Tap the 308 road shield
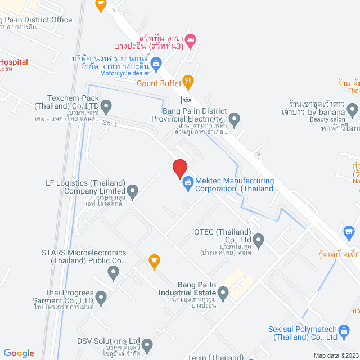(x=185, y=100)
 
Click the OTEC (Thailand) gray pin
(x=259, y=241)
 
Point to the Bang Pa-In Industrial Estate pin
(x=223, y=292)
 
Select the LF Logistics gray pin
(x=132, y=192)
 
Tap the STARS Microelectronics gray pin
(x=113, y=273)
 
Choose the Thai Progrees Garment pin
(x=101, y=296)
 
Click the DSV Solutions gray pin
(x=147, y=344)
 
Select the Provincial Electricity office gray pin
(x=235, y=119)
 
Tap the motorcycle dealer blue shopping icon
(x=156, y=61)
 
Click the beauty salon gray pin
(x=353, y=109)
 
